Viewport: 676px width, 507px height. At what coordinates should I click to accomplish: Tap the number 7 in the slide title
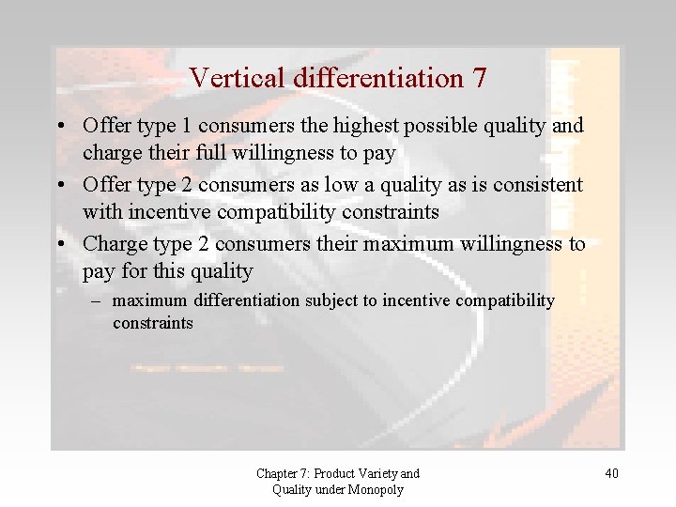[480, 78]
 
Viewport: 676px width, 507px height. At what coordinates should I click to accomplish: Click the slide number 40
[611, 473]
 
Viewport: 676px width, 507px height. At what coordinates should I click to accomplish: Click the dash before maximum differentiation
[97, 301]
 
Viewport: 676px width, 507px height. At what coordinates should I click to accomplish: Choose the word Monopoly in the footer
[376, 489]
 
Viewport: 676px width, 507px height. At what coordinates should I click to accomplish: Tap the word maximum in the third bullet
[415, 244]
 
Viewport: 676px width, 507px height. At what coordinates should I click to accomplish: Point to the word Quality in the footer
[294, 489]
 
